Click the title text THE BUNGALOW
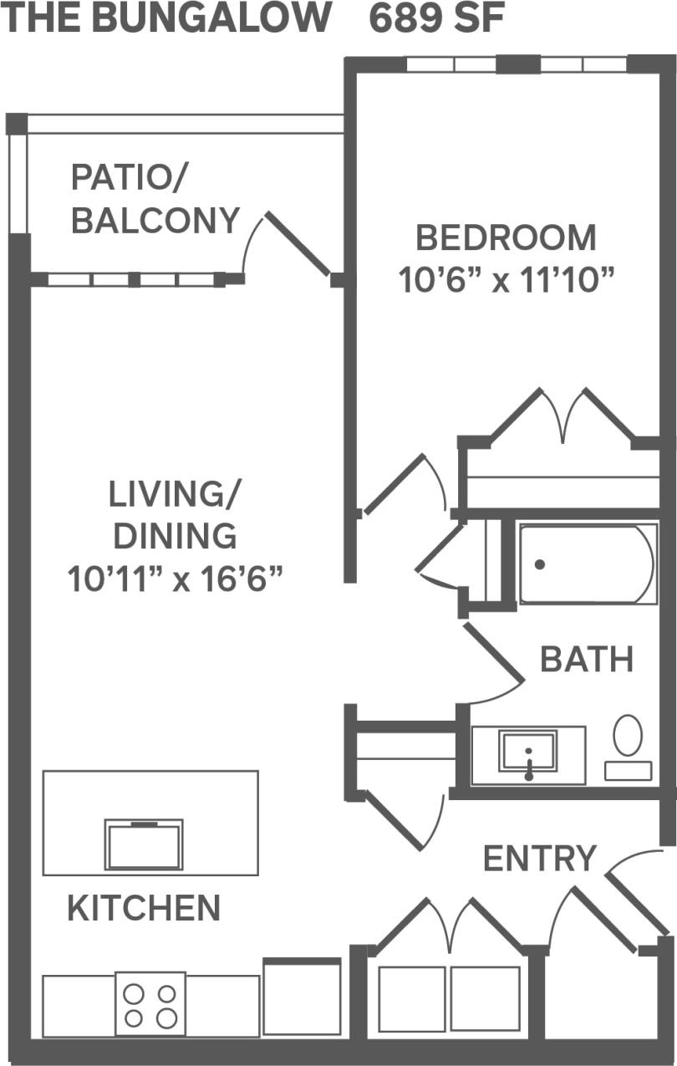pyautogui.click(x=167, y=18)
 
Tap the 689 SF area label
pyautogui.click(x=437, y=18)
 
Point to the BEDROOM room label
pyautogui.click(x=506, y=238)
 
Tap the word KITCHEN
pyautogui.click(x=144, y=908)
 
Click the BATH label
pyautogui.click(x=587, y=660)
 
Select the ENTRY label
pyautogui.click(x=540, y=859)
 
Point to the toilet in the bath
pyautogui.click(x=628, y=746)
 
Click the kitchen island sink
pyautogui.click(x=144, y=844)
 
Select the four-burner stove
pyautogui.click(x=150, y=1005)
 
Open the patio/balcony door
pyautogui.click(x=297, y=244)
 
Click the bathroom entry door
pyautogui.click(x=493, y=655)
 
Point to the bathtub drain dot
pyautogui.click(x=540, y=564)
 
